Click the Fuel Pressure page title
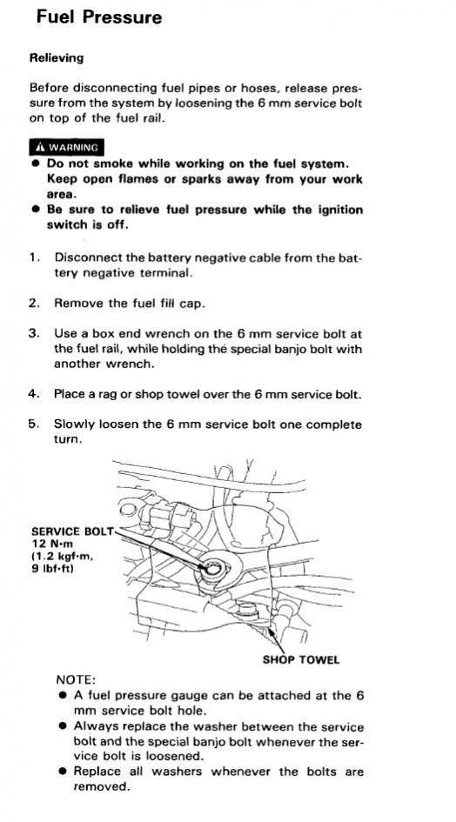(99, 17)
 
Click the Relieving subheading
(57, 58)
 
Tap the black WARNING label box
(67, 147)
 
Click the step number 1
(34, 258)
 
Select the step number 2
(34, 303)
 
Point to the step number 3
(34, 333)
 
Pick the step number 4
(34, 394)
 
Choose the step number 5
(34, 424)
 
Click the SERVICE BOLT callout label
(72, 531)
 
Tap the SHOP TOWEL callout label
(301, 659)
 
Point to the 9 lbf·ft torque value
(52, 567)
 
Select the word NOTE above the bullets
(76, 680)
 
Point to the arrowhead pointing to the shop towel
(272, 632)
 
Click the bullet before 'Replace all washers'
(63, 772)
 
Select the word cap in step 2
(191, 304)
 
